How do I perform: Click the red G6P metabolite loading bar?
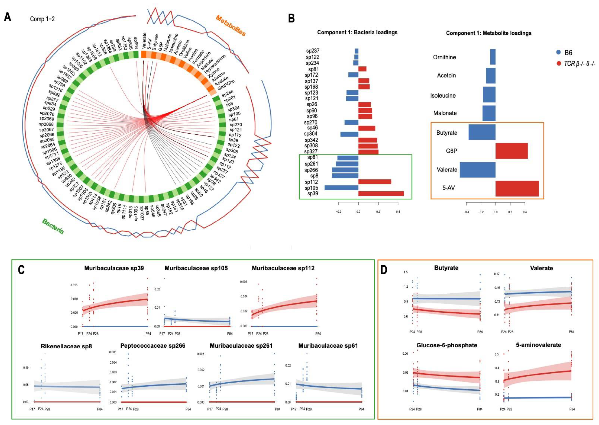(x=511, y=151)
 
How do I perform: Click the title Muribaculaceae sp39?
(x=114, y=268)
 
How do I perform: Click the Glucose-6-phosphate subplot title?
(x=447, y=345)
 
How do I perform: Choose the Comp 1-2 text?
(x=42, y=19)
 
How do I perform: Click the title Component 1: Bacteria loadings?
(x=357, y=33)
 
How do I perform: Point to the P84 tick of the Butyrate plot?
(x=480, y=332)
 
